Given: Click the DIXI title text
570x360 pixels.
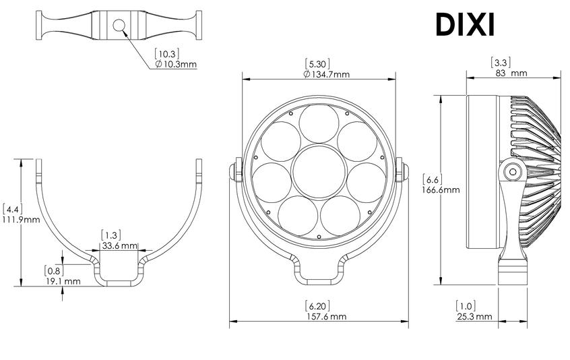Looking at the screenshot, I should (x=465, y=25).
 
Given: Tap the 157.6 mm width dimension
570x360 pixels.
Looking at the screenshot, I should (x=320, y=316).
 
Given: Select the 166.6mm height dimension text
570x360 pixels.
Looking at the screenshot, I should (x=441, y=189).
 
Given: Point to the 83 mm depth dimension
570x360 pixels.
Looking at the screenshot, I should (x=509, y=73).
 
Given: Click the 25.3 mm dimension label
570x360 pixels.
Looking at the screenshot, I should (x=473, y=316).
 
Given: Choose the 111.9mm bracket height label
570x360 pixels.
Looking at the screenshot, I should (x=21, y=220).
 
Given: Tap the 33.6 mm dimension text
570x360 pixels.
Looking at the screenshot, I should (x=119, y=246).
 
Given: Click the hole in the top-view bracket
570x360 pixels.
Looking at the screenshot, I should (x=119, y=26).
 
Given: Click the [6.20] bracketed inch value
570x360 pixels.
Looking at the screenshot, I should (x=319, y=305).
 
